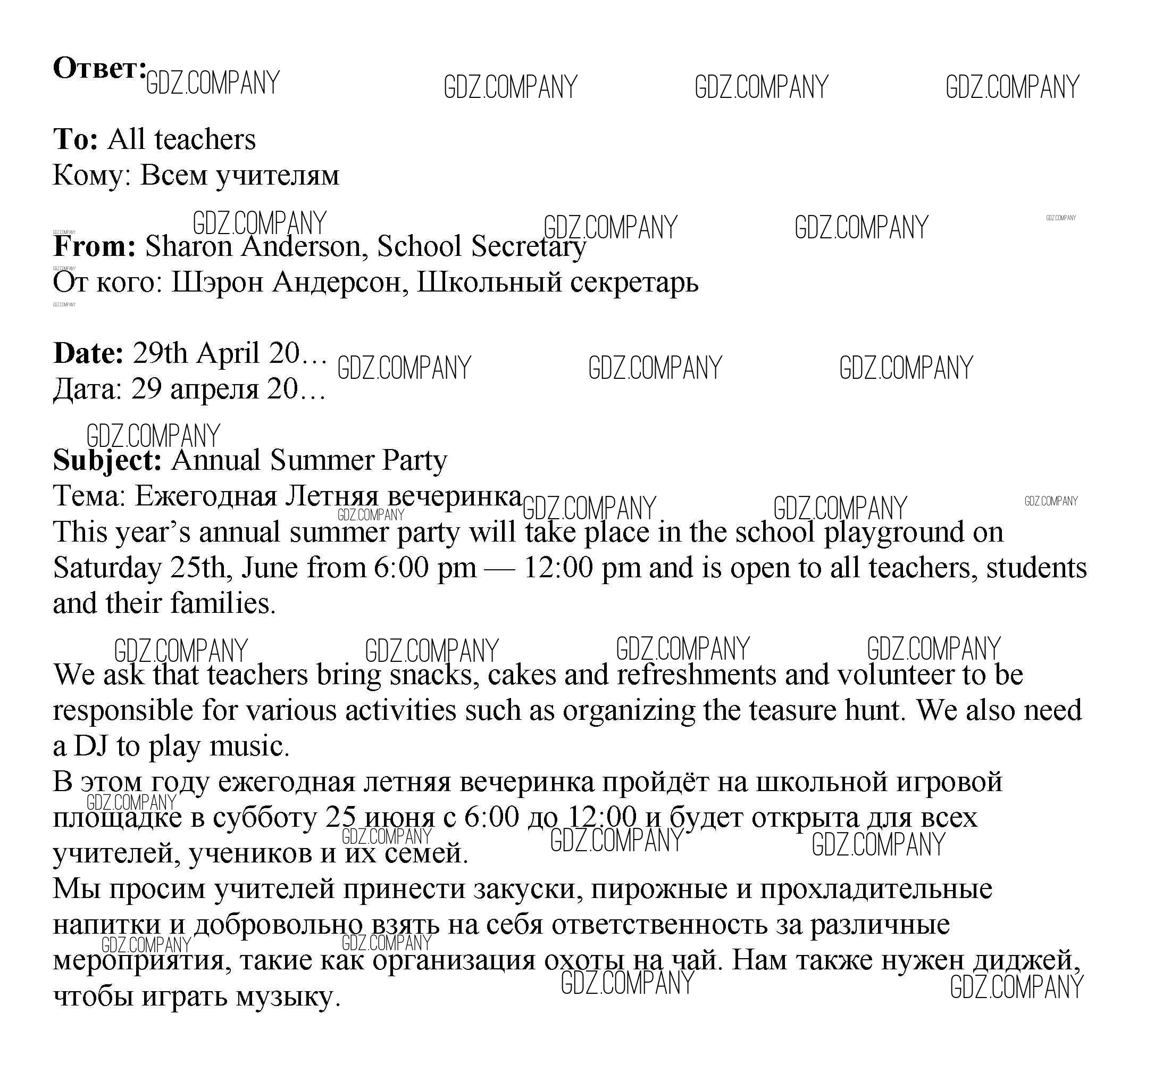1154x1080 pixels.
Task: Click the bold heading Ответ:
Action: (x=99, y=69)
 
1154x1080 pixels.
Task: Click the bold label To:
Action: (x=76, y=139)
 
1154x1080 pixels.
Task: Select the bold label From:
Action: (x=94, y=246)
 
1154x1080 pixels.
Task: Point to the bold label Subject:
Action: (x=107, y=460)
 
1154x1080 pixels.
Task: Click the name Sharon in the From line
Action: (x=189, y=246)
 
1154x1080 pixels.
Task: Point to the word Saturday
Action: (x=106, y=568)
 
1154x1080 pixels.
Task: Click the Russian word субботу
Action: (x=264, y=818)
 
